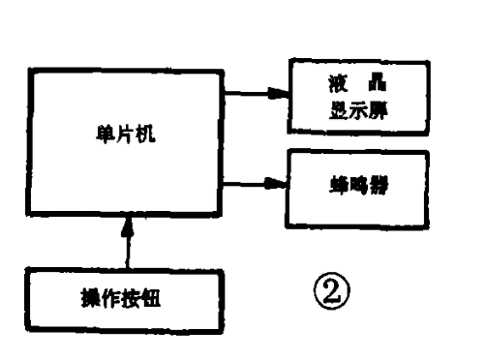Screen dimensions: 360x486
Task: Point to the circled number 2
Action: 323,288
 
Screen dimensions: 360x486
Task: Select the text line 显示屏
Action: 355,107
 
